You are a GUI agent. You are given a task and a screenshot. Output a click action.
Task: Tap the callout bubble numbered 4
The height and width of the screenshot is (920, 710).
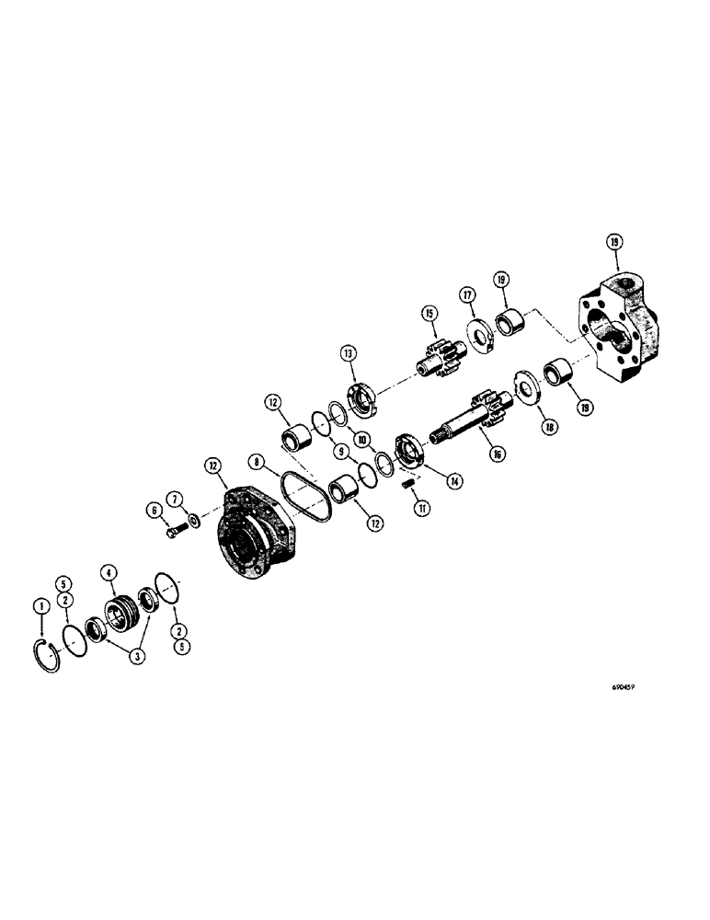point(109,572)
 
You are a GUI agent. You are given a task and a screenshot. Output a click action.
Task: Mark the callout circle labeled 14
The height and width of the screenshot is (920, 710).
point(452,480)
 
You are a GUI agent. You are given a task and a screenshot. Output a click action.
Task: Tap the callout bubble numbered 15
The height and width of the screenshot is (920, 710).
point(428,314)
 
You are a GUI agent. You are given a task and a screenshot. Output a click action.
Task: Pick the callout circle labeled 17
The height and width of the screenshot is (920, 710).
point(467,293)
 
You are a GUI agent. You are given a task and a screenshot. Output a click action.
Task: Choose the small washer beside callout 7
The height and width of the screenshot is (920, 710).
point(194,523)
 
